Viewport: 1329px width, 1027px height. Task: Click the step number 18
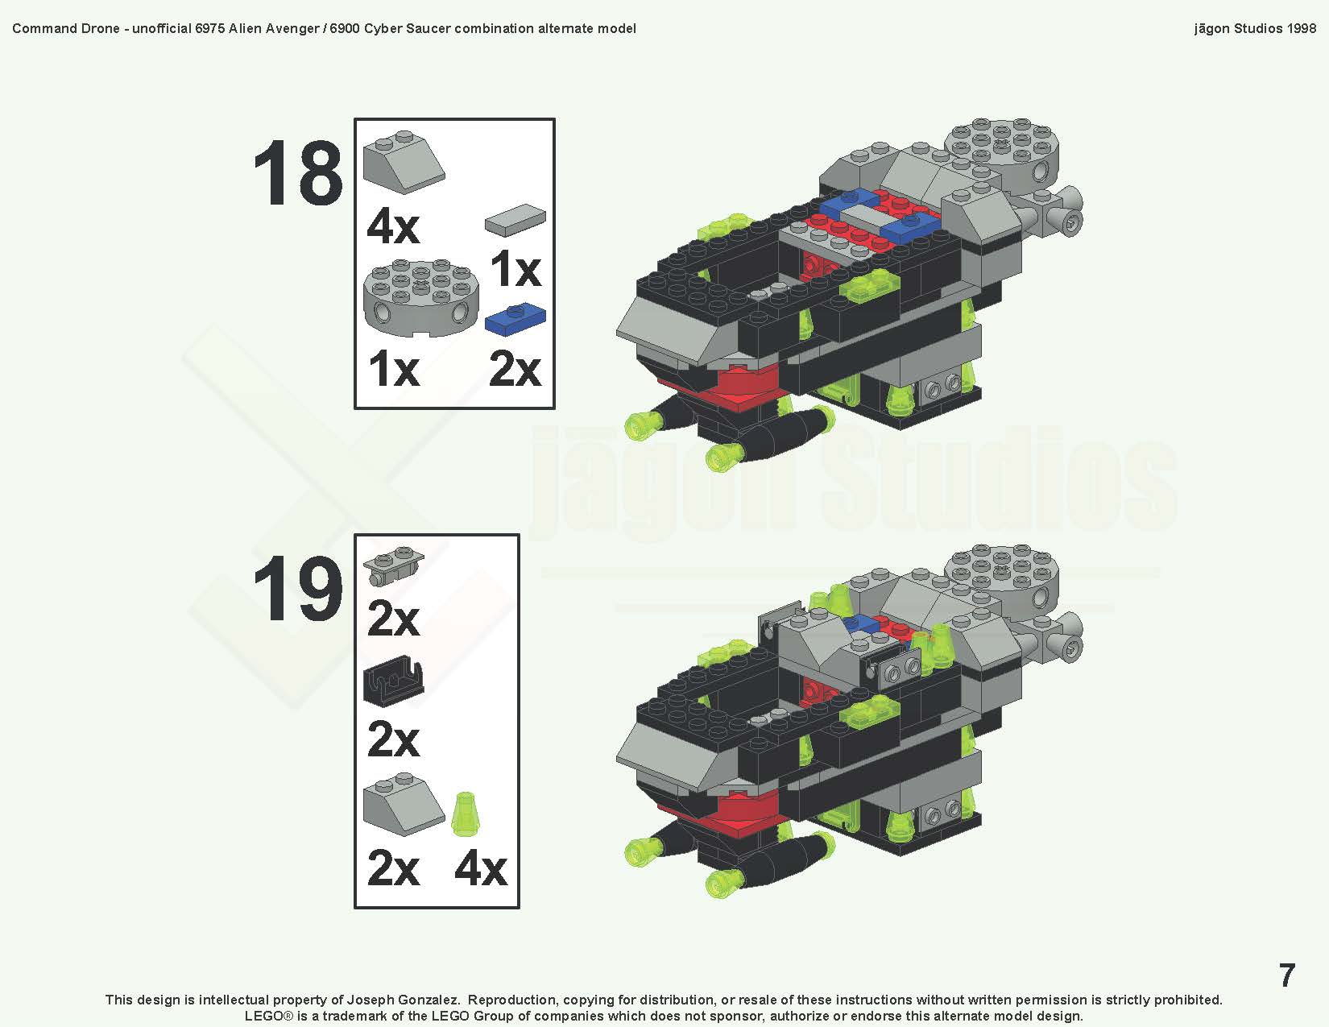click(297, 174)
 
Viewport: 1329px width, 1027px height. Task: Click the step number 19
click(297, 590)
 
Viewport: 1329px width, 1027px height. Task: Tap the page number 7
click(1286, 975)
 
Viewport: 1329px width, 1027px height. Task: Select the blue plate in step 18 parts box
click(515, 320)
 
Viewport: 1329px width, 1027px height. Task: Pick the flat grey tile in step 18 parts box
click(515, 219)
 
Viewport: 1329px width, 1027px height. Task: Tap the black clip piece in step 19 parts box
click(393, 683)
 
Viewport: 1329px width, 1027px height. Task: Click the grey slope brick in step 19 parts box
click(403, 803)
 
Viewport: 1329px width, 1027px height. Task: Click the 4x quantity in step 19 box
click(481, 868)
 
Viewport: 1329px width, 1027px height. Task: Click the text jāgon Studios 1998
click(1254, 28)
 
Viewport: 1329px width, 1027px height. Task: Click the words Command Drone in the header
click(66, 28)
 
